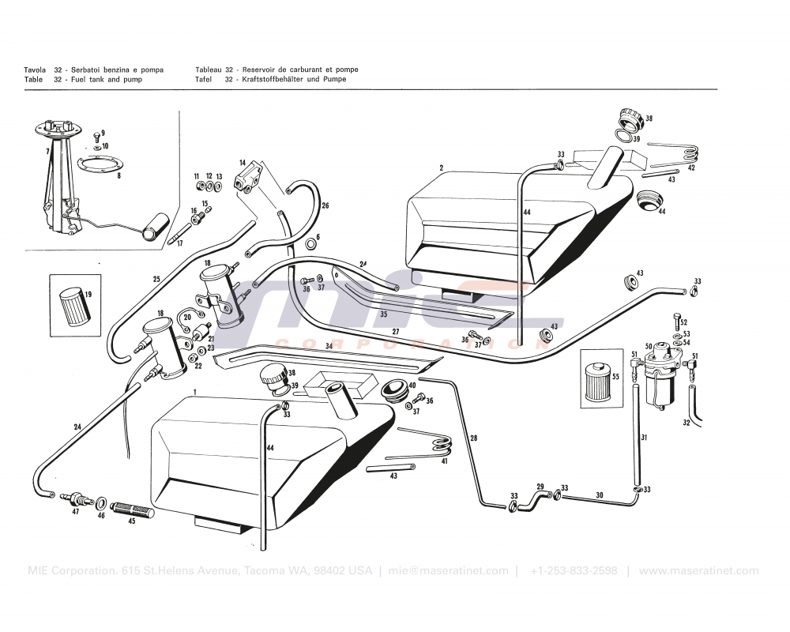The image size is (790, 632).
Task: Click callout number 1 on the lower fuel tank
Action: coord(195,393)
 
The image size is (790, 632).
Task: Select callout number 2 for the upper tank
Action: coord(441,167)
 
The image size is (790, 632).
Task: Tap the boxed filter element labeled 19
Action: coord(75,303)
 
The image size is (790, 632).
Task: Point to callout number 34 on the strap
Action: coord(328,347)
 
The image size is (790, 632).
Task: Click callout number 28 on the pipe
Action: coord(473,438)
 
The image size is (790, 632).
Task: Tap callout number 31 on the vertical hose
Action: coord(644,438)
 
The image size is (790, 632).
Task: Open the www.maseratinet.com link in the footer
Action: coord(698,571)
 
